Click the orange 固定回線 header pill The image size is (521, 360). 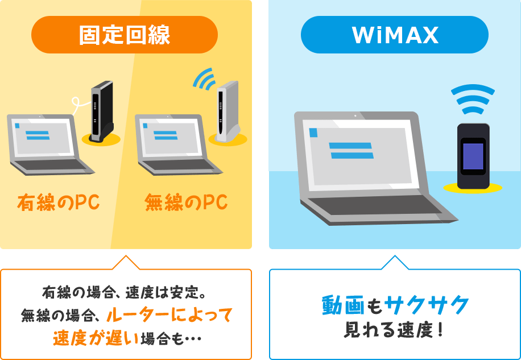[125, 35]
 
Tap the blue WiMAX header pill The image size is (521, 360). [395, 35]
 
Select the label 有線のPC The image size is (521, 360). [59, 202]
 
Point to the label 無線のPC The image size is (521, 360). [186, 202]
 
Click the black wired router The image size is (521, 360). [102, 111]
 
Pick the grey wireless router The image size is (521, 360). [228, 111]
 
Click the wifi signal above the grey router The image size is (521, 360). [205, 79]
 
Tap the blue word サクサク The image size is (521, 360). [427, 305]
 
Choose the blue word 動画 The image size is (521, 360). [341, 305]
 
